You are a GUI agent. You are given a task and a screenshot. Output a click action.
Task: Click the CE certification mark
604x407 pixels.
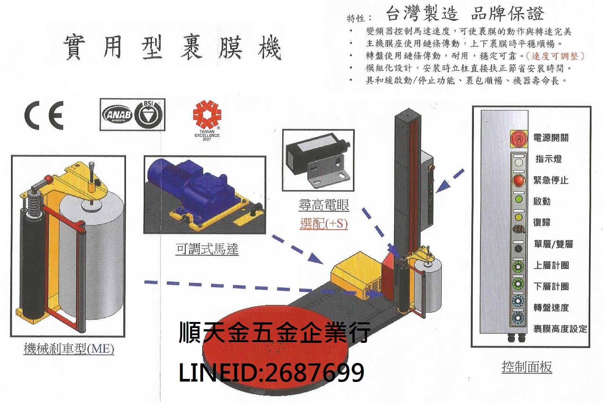tap(44, 115)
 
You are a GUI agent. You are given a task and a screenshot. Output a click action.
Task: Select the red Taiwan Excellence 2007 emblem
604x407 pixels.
tap(207, 114)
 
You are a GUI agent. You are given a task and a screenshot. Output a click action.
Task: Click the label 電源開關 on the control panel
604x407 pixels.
tap(551, 138)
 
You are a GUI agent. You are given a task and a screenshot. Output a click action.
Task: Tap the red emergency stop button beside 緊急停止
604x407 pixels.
tap(518, 180)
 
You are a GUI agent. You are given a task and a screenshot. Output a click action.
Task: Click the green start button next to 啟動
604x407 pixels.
tap(518, 199)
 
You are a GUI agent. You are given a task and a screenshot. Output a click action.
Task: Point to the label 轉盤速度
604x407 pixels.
tap(551, 308)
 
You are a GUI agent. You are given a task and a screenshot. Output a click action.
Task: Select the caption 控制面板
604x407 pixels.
tap(527, 367)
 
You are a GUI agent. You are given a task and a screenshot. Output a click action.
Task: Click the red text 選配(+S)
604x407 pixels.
tap(324, 223)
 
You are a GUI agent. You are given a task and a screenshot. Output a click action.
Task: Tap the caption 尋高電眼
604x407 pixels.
tap(324, 205)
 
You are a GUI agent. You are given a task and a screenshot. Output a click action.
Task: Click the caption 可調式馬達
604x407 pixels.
tap(207, 249)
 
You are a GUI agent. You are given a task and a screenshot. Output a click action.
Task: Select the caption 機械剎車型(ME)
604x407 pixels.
tap(69, 349)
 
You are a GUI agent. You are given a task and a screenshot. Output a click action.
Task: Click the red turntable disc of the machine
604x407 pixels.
tap(243, 364)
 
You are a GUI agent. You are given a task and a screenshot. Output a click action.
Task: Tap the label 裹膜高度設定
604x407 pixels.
tap(560, 329)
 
